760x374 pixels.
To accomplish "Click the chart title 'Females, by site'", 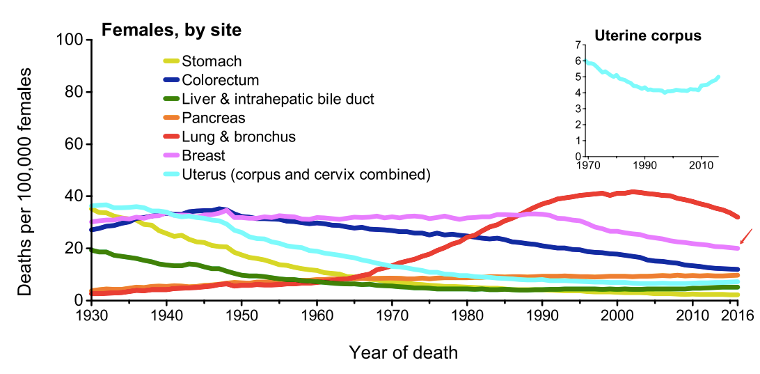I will [x=172, y=30].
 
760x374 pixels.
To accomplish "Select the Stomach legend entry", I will [x=211, y=62].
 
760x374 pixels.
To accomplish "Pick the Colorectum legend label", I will [x=220, y=80].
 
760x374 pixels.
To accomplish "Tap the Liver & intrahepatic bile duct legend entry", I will [x=277, y=99].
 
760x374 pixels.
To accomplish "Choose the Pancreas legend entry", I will [x=213, y=118].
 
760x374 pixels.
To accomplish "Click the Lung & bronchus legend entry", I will [x=238, y=137].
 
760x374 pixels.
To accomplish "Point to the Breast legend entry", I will [x=203, y=155].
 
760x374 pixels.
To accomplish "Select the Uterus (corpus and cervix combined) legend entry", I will [x=306, y=174].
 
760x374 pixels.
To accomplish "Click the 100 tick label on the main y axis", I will [x=69, y=40].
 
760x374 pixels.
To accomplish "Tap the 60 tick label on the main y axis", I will [x=73, y=144].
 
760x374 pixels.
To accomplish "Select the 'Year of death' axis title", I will [x=403, y=352].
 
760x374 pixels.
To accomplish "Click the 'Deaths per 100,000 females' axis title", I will [x=25, y=181].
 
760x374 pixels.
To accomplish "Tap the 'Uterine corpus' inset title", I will [x=647, y=35].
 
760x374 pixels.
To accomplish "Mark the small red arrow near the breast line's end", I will [x=746, y=235].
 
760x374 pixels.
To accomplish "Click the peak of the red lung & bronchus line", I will [x=632, y=192].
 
